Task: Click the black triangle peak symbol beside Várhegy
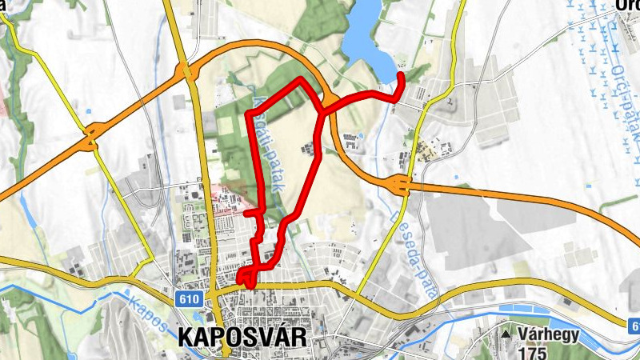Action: pyautogui.click(x=507, y=331)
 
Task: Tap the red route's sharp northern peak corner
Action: pyautogui.click(x=301, y=79)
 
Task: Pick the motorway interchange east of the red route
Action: pyautogui.click(x=401, y=186)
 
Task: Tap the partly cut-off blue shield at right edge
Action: pyautogui.click(x=634, y=325)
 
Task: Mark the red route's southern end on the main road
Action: pyautogui.click(x=250, y=285)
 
